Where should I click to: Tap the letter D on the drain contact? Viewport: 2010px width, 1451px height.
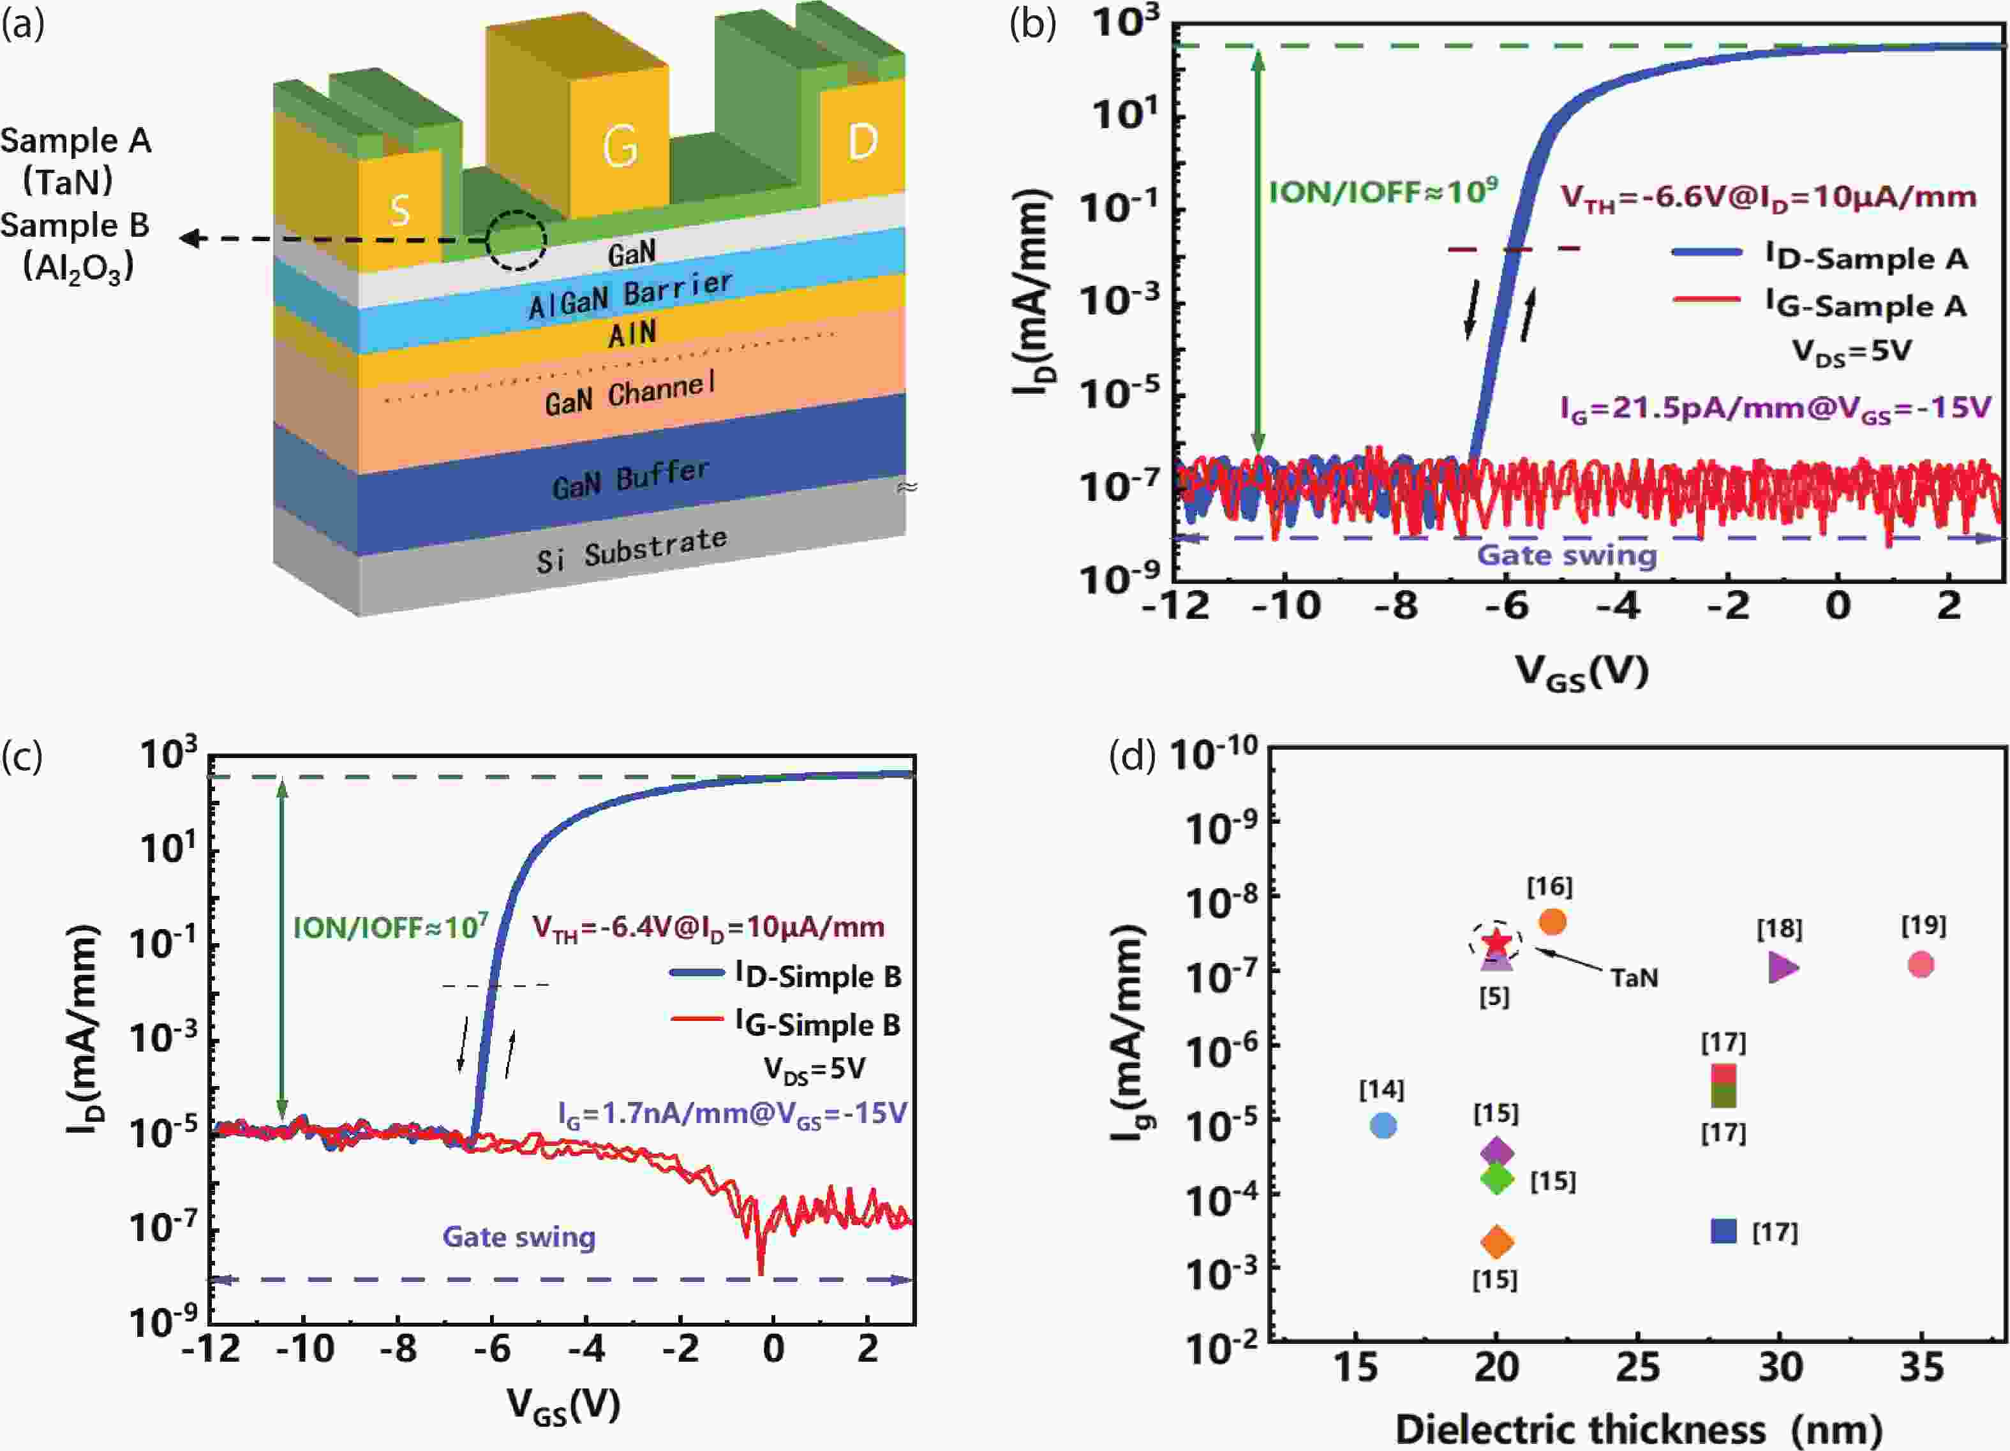[862, 142]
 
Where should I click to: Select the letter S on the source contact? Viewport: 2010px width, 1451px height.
[399, 210]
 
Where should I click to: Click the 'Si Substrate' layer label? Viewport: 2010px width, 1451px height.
[631, 549]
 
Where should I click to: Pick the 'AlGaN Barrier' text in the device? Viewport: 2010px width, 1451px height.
[630, 294]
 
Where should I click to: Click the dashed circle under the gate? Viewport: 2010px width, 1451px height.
[517, 240]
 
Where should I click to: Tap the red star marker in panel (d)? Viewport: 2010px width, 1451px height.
[1496, 941]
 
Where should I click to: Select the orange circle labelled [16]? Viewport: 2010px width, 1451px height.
[1552, 922]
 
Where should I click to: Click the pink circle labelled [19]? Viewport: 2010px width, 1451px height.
[1919, 964]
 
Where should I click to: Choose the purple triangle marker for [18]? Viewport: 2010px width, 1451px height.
[1782, 967]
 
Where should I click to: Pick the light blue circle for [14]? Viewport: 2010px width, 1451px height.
[1383, 1126]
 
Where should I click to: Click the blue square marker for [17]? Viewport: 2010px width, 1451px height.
[1723, 1231]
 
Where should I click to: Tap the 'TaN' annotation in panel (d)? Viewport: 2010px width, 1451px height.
[1634, 978]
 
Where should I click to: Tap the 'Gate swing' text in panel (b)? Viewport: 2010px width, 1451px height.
[1566, 556]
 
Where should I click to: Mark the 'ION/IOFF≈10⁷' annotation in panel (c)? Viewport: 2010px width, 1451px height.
[390, 927]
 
